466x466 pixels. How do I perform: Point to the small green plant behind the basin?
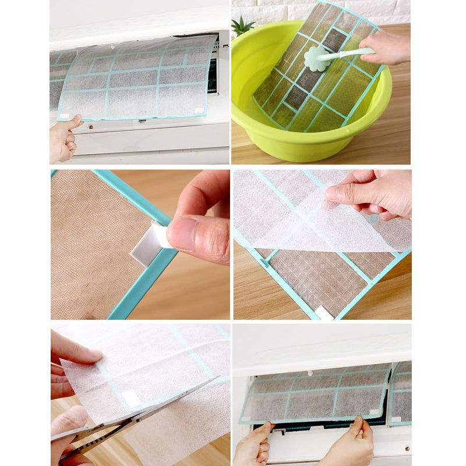(243, 26)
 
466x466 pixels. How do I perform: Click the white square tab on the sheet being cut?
(132, 398)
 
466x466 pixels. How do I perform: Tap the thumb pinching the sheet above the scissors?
(87, 355)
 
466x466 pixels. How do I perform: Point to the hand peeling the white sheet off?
(373, 193)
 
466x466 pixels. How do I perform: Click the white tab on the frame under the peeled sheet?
(324, 313)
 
